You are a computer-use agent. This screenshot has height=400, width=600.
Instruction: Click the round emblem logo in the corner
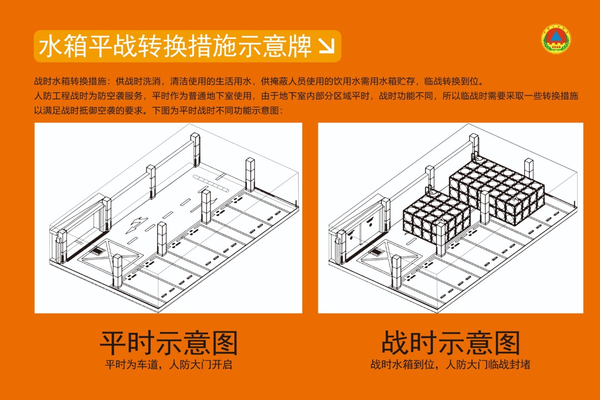click(556, 38)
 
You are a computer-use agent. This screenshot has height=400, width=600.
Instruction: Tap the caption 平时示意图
click(168, 343)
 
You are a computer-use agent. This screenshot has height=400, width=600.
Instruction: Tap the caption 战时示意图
click(451, 343)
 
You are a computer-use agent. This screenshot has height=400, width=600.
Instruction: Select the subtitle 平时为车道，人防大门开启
click(168, 365)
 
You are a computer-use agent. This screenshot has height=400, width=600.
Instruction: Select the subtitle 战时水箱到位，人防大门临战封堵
click(450, 365)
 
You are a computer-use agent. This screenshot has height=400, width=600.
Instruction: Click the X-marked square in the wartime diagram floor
click(387, 256)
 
